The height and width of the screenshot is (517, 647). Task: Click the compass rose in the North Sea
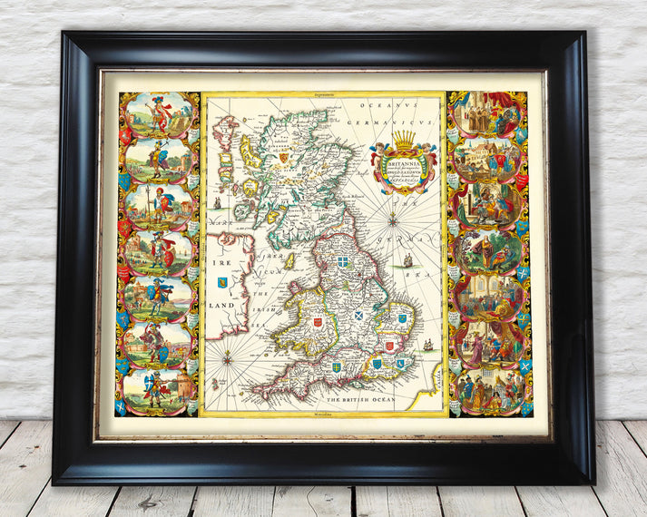point(393,218)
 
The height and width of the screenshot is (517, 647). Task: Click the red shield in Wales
point(318,321)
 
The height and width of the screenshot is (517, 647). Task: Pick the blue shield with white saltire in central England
point(361,317)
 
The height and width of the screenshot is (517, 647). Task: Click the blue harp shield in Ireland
point(222,282)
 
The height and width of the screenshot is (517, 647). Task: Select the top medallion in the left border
point(159,115)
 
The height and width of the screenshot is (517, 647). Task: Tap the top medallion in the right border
point(488,115)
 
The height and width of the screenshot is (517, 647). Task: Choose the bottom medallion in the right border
point(488,391)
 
